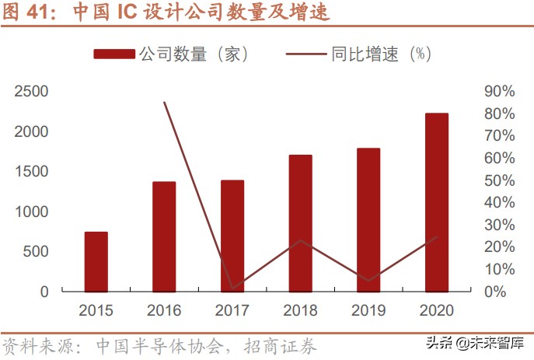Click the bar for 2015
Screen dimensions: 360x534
coord(96,261)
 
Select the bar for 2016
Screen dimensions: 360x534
coord(164,236)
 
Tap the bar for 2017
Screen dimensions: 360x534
coord(232,236)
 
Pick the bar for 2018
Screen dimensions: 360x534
coord(301,223)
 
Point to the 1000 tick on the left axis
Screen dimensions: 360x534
coord(33,211)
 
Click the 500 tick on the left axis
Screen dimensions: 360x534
coord(37,252)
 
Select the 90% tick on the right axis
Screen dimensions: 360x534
coord(499,92)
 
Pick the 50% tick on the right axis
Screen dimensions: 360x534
coord(499,180)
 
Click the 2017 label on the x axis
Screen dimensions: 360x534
coord(232,311)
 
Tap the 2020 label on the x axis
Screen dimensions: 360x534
coord(437,311)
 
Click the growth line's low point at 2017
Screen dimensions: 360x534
coord(232,288)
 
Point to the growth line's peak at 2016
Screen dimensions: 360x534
coord(165,102)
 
